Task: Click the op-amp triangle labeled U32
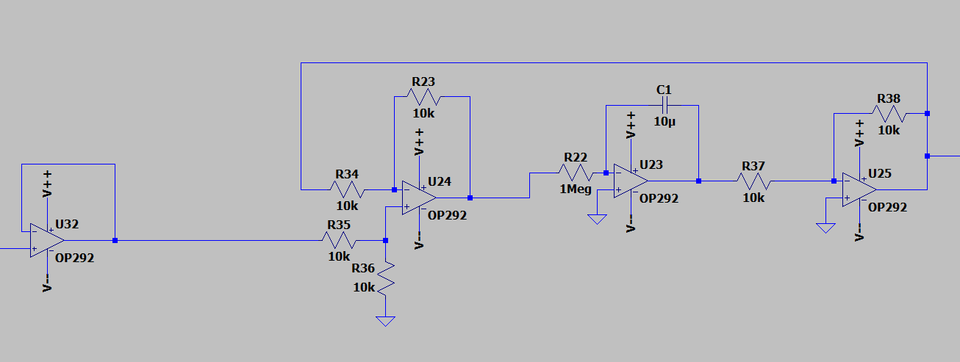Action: (x=46, y=241)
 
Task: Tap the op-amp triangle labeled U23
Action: (x=631, y=181)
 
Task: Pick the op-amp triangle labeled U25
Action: (x=859, y=189)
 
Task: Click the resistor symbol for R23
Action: (x=423, y=97)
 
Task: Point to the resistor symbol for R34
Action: (x=347, y=189)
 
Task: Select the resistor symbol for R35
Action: (x=339, y=240)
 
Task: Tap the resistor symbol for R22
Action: (x=576, y=173)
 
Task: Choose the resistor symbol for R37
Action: (x=753, y=181)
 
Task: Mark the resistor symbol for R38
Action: (x=889, y=114)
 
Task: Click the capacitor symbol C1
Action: (x=664, y=106)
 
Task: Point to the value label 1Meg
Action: (x=576, y=189)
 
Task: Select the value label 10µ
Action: (x=664, y=121)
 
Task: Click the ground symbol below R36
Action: (x=385, y=322)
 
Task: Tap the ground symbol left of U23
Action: (x=597, y=219)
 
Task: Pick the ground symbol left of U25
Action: (x=825, y=227)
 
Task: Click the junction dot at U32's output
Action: (x=115, y=240)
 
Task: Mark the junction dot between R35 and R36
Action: (x=385, y=240)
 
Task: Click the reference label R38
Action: (x=889, y=98)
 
